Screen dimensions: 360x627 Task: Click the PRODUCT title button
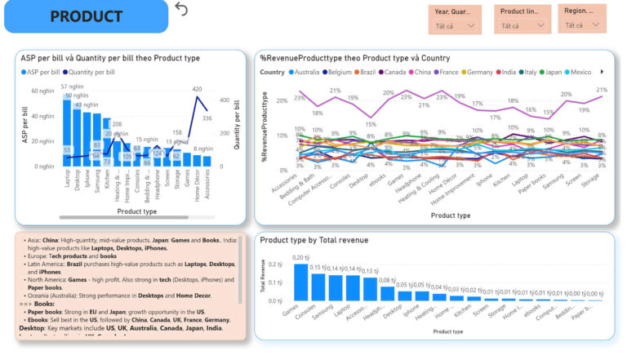tap(85, 16)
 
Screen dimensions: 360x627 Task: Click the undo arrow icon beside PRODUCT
tap(181, 9)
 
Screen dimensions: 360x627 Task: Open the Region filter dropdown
tap(581, 25)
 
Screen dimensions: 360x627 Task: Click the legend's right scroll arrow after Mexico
tap(602, 72)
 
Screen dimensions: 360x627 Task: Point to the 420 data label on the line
tap(197, 89)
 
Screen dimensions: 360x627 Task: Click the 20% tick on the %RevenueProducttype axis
tap(280, 102)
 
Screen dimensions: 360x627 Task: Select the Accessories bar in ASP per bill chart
tap(207, 161)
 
